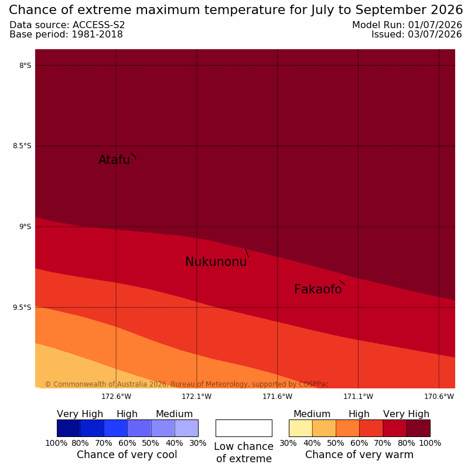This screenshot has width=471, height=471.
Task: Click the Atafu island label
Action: click(114, 159)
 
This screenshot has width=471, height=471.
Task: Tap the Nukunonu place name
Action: click(216, 262)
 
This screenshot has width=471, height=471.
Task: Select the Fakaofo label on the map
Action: click(318, 289)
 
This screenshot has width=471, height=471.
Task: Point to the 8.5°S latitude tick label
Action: click(22, 146)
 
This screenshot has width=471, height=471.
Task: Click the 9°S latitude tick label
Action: click(25, 227)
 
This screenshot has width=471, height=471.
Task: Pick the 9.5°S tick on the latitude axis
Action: click(22, 308)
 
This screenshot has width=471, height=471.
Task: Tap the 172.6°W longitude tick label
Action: click(116, 397)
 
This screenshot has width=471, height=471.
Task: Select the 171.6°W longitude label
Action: click(277, 397)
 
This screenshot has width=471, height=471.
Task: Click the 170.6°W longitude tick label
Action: click(439, 397)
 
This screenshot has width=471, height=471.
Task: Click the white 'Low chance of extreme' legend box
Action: click(244, 428)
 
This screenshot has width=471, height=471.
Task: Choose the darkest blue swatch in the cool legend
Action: click(69, 428)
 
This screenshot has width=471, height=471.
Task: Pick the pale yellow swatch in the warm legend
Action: click(301, 428)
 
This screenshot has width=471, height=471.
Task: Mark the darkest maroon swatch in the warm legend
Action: click(418, 428)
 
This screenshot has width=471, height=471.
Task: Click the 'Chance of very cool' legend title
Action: click(127, 455)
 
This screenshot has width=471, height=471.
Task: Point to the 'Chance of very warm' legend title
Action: click(359, 455)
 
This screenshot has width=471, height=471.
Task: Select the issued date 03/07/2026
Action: click(435, 35)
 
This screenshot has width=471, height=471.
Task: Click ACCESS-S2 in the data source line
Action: click(98, 25)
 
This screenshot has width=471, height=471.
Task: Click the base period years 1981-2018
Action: click(97, 35)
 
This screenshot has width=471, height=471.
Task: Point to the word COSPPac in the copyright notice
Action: click(313, 384)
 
